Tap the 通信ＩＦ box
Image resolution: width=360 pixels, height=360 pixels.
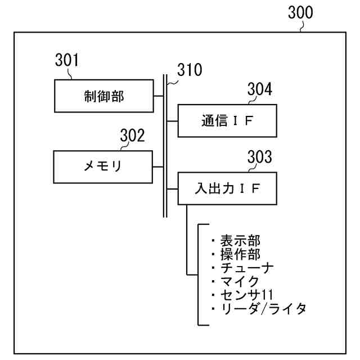pyautogui.click(x=227, y=121)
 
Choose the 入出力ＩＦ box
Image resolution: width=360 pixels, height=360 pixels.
pyautogui.click(x=227, y=190)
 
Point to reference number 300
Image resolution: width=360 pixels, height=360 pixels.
pyautogui.click(x=300, y=12)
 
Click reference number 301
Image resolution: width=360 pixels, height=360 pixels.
pyautogui.click(x=67, y=60)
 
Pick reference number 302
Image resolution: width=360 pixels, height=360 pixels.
pyautogui.click(x=132, y=136)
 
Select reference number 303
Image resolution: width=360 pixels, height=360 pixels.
pyautogui.click(x=260, y=158)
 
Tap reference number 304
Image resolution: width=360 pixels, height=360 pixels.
pyautogui.click(x=260, y=89)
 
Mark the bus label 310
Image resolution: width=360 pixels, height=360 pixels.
pyautogui.click(x=189, y=70)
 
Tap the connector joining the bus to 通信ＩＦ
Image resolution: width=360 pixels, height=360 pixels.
pyautogui.click(x=173, y=121)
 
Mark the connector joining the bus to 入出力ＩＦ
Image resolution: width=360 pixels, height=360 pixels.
pyautogui.click(x=173, y=190)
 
